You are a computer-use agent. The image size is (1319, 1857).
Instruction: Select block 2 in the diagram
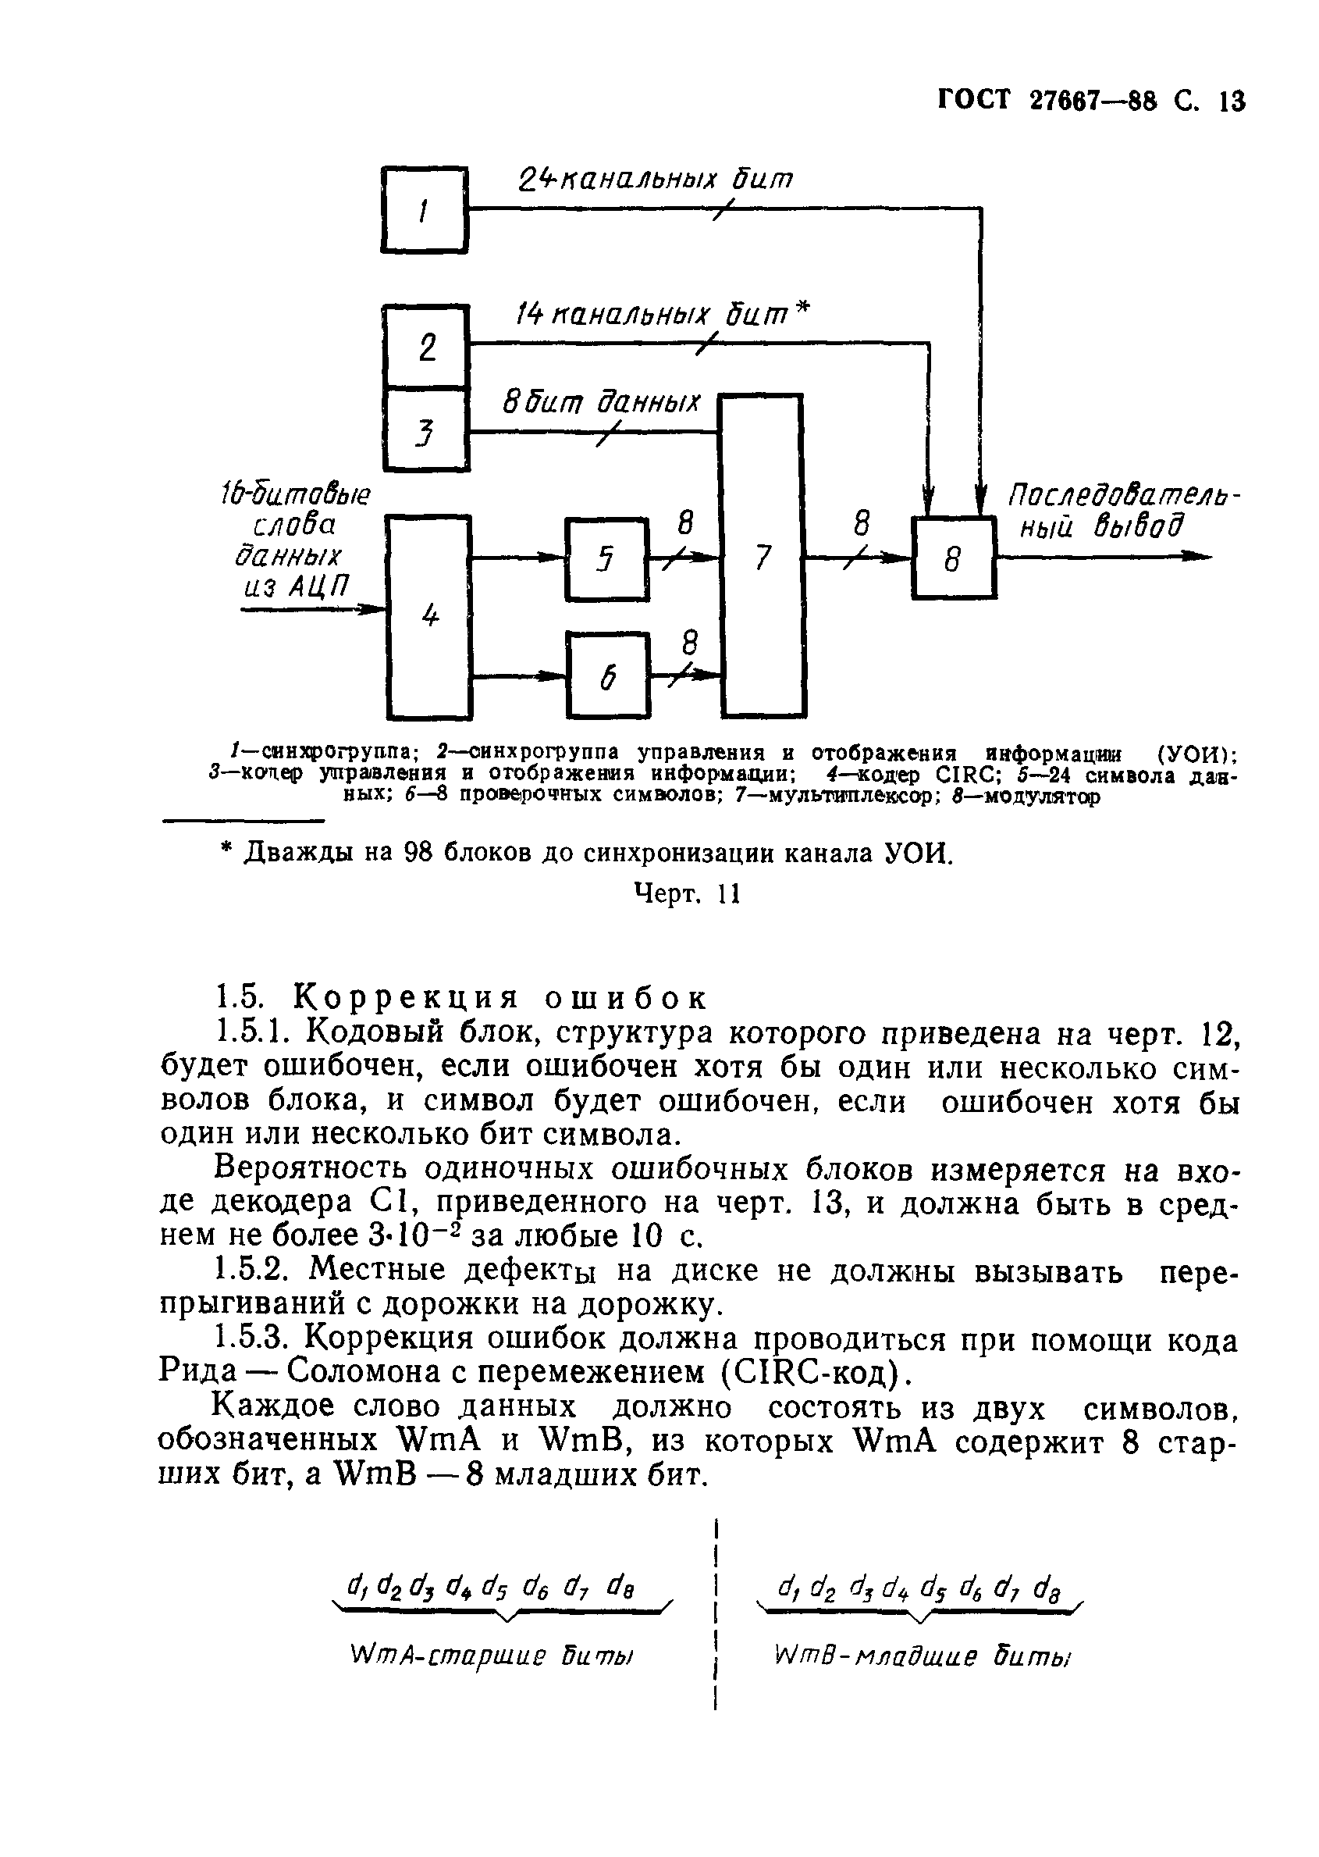point(426,346)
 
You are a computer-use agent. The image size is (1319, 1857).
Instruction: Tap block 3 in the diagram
point(426,430)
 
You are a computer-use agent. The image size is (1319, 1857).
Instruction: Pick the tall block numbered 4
point(429,617)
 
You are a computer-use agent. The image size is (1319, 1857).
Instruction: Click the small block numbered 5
point(606,558)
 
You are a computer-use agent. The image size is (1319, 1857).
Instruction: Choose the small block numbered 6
point(607,675)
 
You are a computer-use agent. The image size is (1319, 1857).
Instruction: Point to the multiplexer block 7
point(761,556)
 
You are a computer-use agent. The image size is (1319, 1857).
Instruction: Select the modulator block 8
point(954,558)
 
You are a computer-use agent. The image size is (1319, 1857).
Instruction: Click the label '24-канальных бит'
point(654,180)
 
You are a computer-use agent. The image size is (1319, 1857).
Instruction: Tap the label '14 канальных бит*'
point(663,314)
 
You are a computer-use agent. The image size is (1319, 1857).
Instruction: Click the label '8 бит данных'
point(600,401)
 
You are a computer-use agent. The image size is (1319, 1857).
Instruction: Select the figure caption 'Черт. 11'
point(687,894)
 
